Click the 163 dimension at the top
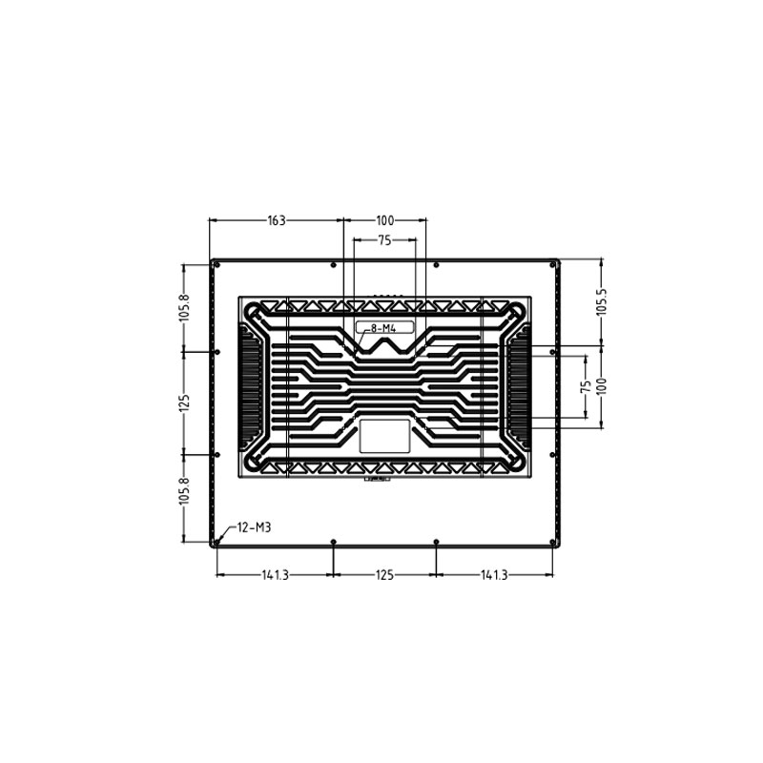click(x=276, y=220)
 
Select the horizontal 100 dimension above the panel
click(x=384, y=220)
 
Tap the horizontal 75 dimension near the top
click(x=383, y=240)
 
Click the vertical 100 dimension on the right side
click(x=601, y=385)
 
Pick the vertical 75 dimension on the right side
click(x=585, y=385)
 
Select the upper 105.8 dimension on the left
click(x=184, y=307)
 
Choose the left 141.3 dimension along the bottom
click(x=275, y=575)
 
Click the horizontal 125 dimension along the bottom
click(x=384, y=575)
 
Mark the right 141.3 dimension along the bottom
click(x=494, y=575)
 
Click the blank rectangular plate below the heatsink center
click(x=384, y=435)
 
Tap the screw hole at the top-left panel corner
click(x=217, y=264)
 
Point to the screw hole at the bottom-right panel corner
click(x=552, y=542)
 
